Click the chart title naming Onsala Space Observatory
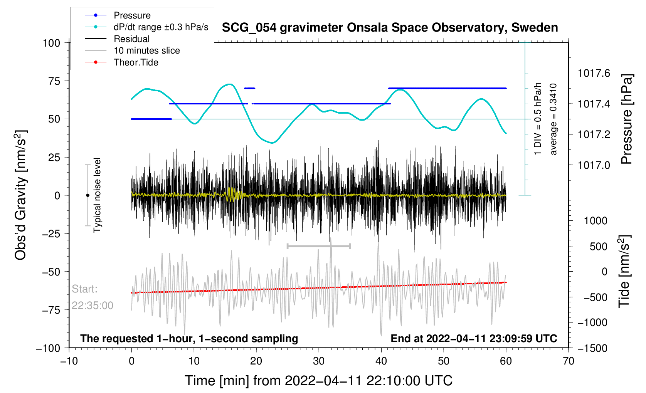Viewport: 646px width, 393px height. coord(390,28)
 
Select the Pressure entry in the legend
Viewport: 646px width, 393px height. coord(132,15)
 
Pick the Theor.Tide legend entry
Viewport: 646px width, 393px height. coord(136,62)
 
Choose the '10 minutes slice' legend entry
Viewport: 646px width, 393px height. coord(146,50)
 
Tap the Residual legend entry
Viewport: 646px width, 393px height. coord(131,39)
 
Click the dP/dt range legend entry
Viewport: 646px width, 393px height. coord(161,27)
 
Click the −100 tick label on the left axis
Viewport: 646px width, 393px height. coord(48,348)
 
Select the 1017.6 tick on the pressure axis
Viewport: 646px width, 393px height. coord(594,73)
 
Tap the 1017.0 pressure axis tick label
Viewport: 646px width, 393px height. coord(594,165)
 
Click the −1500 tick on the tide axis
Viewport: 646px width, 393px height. coord(592,348)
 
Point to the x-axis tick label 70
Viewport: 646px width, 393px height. coord(569,361)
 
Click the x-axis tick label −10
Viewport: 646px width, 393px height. coord(69,361)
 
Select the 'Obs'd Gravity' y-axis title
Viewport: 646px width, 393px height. coord(21,195)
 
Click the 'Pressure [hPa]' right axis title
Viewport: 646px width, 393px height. coord(627,119)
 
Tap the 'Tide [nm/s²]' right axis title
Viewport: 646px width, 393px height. coord(624,271)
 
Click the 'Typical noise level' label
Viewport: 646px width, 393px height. coord(97,195)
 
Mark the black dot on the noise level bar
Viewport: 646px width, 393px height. coord(87,195)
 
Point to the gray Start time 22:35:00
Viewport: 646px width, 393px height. coord(93,306)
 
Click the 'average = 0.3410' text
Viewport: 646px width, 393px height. coord(553,119)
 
